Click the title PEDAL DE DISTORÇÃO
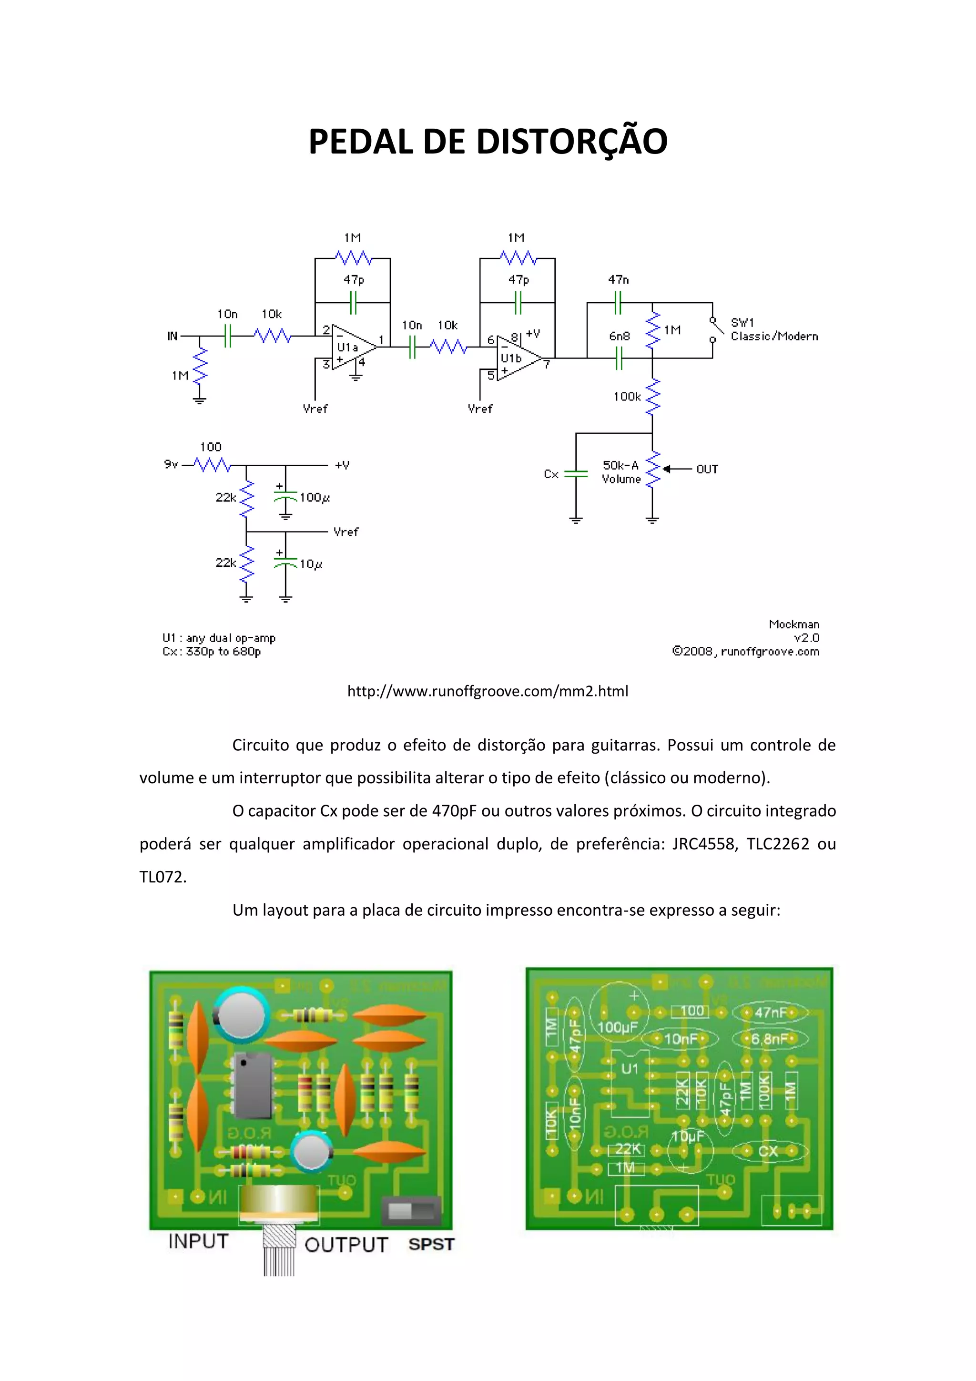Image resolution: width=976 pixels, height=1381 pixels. click(x=488, y=142)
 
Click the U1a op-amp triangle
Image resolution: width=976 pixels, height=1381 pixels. click(x=352, y=348)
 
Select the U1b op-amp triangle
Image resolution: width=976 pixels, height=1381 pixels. click(x=517, y=358)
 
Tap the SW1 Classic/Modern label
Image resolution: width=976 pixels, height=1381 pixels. click(x=774, y=329)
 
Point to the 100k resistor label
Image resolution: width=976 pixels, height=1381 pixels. click(x=627, y=396)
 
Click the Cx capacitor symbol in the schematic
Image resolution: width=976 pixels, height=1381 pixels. click(x=576, y=474)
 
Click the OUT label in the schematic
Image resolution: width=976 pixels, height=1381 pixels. click(x=707, y=469)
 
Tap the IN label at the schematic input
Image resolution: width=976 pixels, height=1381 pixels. click(x=173, y=336)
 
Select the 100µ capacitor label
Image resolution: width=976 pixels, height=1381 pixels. click(x=315, y=497)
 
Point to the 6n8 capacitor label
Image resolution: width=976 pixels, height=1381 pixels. click(x=619, y=336)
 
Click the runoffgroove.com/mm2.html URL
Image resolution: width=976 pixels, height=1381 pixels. click(x=488, y=691)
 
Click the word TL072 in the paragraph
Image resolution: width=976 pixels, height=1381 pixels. click(x=163, y=877)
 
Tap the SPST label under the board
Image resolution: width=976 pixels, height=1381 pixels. click(x=431, y=1245)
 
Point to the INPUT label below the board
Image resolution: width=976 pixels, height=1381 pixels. click(x=198, y=1241)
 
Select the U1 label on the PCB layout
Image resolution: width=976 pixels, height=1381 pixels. click(x=629, y=1069)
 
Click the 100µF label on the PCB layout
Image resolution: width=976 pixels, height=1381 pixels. click(x=617, y=1027)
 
